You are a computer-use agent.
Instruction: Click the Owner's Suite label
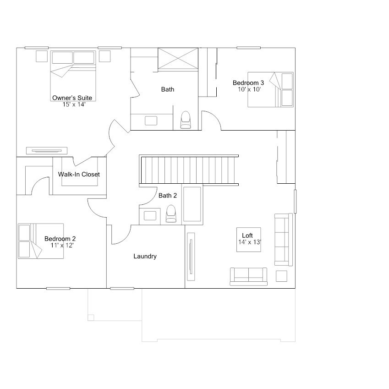pyautogui.click(x=72, y=98)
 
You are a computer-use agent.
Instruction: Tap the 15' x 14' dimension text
pyautogui.click(x=74, y=104)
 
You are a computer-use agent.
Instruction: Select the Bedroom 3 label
pyautogui.click(x=248, y=83)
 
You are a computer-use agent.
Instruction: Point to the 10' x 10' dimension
pyautogui.click(x=249, y=89)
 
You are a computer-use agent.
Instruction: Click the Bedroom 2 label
pyautogui.click(x=60, y=239)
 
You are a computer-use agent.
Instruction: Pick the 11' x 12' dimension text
pyautogui.click(x=62, y=245)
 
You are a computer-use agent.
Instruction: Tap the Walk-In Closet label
pyautogui.click(x=79, y=175)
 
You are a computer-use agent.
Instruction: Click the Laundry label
pyautogui.click(x=145, y=257)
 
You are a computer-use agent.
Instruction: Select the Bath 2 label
pyautogui.click(x=168, y=196)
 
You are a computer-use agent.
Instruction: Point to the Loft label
pyautogui.click(x=247, y=236)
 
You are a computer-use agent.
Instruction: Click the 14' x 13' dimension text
pyautogui.click(x=249, y=242)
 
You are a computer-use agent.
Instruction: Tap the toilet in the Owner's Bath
pyautogui.click(x=186, y=120)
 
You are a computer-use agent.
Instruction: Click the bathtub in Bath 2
pyautogui.click(x=192, y=205)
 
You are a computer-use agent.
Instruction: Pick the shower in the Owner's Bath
pyautogui.click(x=178, y=59)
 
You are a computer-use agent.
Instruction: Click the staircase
pyautogui.click(x=189, y=170)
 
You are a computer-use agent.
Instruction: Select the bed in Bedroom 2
pyautogui.click(x=40, y=241)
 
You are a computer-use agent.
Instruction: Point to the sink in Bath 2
pyautogui.click(x=150, y=216)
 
